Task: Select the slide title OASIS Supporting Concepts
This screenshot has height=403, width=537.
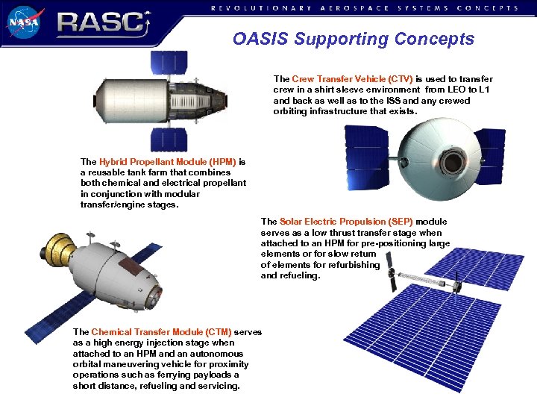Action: pyautogui.click(x=353, y=39)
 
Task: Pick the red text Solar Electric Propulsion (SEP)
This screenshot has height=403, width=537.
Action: pyautogui.click(x=347, y=222)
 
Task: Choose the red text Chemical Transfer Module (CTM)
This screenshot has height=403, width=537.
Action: pyautogui.click(x=162, y=332)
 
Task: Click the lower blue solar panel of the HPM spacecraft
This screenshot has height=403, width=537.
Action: pyautogui.click(x=169, y=139)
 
